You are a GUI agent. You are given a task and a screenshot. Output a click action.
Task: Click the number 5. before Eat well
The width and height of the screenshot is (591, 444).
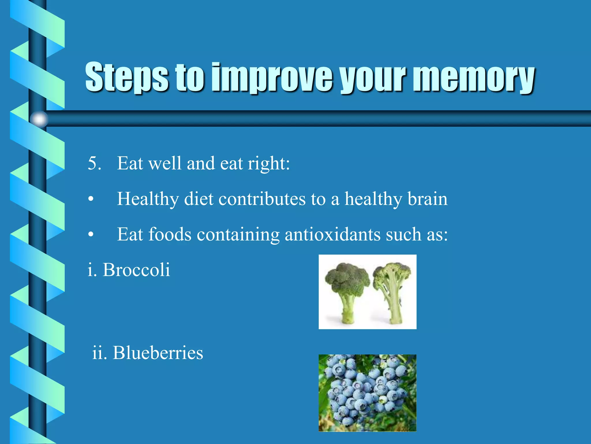click(94, 163)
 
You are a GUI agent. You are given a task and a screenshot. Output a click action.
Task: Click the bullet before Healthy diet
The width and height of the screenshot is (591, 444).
click(91, 199)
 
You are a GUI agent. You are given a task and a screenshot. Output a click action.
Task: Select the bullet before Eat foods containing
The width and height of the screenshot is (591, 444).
click(91, 234)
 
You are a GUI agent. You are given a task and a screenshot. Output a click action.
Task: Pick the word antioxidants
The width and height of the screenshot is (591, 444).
click(332, 234)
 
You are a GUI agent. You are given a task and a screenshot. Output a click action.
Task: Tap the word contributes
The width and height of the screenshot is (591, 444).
click(262, 199)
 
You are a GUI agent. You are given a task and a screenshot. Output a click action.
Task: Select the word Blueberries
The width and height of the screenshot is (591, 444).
click(158, 353)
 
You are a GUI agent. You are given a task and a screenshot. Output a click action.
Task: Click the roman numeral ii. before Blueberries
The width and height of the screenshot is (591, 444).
click(99, 353)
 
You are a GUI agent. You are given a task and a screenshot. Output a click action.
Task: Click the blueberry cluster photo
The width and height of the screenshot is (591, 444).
click(367, 393)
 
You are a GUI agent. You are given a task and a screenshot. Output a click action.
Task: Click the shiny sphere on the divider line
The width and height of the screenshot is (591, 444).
click(39, 119)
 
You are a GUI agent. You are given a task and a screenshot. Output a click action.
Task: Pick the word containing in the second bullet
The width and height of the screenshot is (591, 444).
click(238, 234)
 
